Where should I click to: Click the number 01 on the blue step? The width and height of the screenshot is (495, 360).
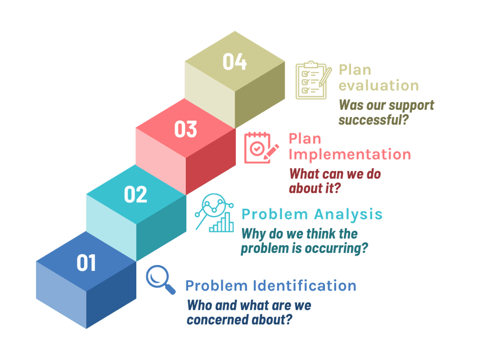[87, 263]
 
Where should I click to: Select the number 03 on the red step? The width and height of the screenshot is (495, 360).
[185, 129]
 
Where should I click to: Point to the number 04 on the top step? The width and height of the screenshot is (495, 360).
[234, 63]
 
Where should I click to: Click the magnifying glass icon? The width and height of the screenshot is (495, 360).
[161, 279]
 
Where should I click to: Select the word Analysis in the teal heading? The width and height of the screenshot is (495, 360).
[348, 213]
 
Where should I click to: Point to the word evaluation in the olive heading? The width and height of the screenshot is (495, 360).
[378, 86]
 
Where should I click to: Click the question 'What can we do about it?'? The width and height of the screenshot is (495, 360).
[335, 181]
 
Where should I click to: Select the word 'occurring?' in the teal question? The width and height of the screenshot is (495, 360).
[339, 249]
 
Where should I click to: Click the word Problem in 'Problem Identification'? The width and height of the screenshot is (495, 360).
[216, 286]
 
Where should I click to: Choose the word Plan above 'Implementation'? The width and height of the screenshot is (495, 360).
[305, 139]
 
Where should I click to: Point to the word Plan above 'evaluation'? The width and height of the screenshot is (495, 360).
[355, 69]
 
